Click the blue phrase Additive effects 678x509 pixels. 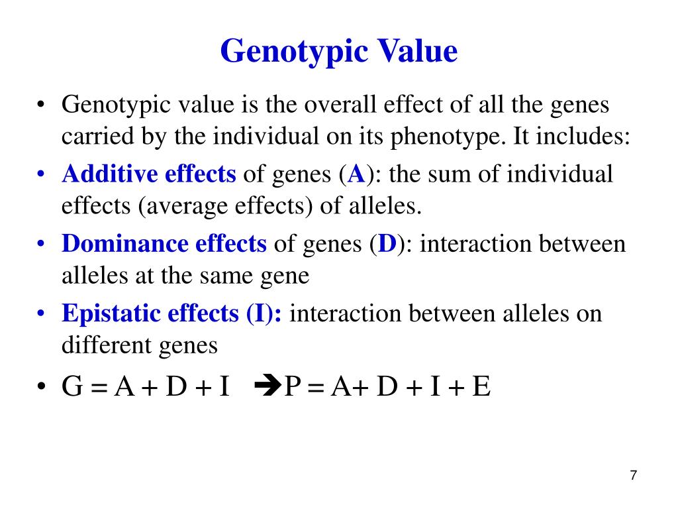click(x=149, y=174)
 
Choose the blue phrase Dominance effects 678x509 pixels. click(x=164, y=244)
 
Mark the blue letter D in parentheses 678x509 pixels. click(x=387, y=245)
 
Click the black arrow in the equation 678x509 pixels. click(x=268, y=386)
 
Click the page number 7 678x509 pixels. click(x=634, y=475)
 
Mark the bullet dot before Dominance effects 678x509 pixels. click(x=41, y=245)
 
